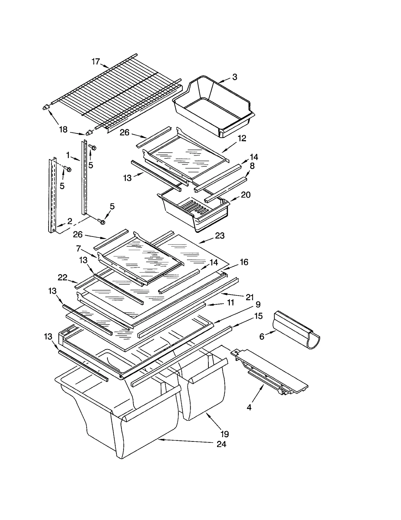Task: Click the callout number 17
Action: click(96, 61)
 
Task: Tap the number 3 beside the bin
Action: click(235, 77)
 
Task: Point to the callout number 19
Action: click(225, 434)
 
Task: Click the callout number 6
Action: click(262, 337)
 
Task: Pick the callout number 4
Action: click(249, 407)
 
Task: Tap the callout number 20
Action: click(246, 195)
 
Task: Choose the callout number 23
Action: click(220, 236)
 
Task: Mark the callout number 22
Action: click(62, 277)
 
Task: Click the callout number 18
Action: click(63, 130)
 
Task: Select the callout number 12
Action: click(242, 138)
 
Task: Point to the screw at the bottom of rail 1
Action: click(102, 222)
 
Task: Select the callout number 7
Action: click(78, 249)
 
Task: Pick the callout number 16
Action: click(244, 262)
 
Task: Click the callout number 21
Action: click(250, 297)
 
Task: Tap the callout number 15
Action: click(258, 316)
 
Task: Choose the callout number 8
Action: click(252, 166)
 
